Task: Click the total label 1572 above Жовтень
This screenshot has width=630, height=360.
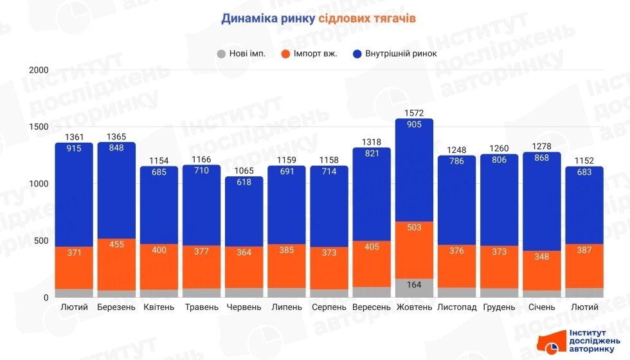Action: point(414,113)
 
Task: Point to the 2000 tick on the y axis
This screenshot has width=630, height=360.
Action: point(39,69)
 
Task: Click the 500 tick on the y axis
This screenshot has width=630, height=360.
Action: point(42,241)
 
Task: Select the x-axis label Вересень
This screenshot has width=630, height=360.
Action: point(372,307)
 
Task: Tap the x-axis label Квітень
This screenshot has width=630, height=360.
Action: point(159,307)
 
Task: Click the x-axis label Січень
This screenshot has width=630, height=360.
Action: point(542,307)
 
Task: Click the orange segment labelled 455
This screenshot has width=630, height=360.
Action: point(116,264)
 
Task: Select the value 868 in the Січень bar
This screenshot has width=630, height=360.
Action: point(542,157)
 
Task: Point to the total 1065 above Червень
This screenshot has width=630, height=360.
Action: point(244,171)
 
